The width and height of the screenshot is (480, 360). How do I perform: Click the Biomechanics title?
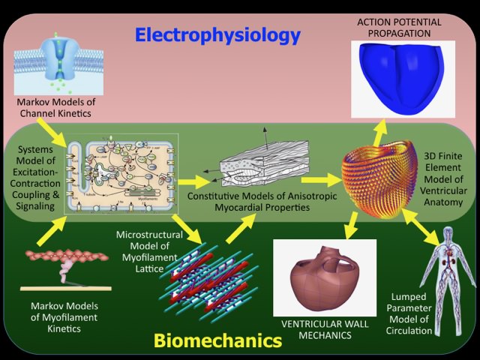tap(217, 340)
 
